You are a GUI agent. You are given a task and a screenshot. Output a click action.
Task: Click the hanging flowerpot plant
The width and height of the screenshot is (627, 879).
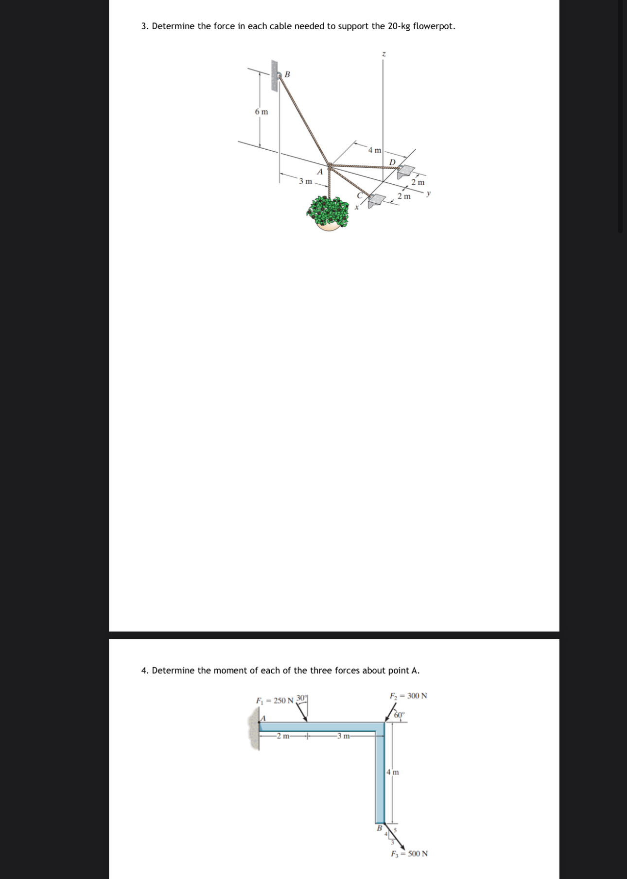point(329,213)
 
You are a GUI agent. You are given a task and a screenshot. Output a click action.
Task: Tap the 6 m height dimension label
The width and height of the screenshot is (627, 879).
point(261,112)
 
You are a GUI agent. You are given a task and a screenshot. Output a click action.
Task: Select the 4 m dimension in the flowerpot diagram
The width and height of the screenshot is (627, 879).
point(374,150)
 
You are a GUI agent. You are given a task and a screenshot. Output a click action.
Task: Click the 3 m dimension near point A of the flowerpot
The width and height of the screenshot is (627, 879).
point(305,181)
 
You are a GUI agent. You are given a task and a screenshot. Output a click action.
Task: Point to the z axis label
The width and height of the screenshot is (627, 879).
point(383,53)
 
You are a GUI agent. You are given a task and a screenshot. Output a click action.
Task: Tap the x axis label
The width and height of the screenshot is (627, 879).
point(356,207)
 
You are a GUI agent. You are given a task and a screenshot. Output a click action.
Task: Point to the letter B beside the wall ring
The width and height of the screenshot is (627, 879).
point(287,74)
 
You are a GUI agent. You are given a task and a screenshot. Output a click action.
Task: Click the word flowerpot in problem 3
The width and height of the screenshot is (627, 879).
point(433,26)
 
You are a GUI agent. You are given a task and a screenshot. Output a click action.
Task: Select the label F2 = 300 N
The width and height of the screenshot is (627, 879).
point(408,696)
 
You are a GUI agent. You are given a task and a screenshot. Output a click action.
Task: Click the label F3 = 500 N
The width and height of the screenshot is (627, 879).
point(409,854)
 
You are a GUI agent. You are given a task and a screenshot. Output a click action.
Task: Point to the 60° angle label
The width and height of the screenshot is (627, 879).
point(399,715)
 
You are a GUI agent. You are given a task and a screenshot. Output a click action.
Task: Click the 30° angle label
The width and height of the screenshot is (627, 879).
point(301,698)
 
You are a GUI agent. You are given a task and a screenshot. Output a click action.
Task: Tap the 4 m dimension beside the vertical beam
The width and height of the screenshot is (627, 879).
point(393,772)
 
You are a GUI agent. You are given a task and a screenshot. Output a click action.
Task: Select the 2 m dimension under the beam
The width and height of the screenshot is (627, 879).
point(283,736)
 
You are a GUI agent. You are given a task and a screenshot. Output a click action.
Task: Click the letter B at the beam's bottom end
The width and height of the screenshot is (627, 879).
point(380,827)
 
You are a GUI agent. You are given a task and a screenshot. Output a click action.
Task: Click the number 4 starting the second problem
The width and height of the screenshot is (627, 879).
point(144,671)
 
